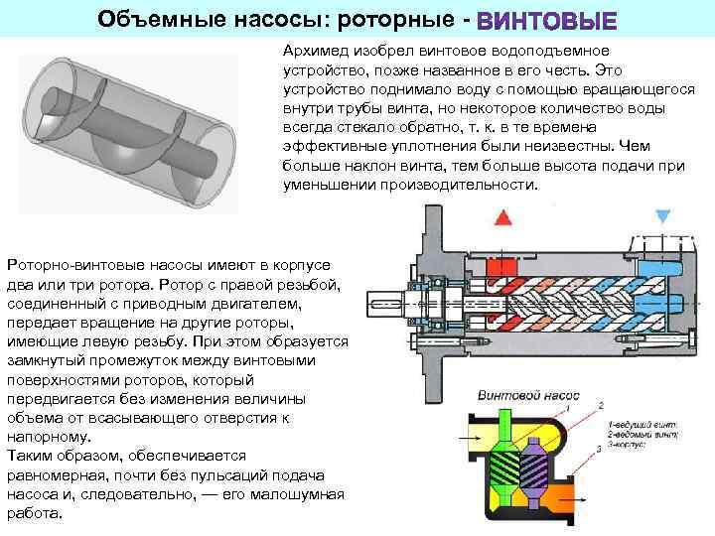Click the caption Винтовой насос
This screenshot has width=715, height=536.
(523, 395)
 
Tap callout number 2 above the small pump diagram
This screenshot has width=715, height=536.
(601, 406)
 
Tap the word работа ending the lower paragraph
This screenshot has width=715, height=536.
(33, 513)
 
